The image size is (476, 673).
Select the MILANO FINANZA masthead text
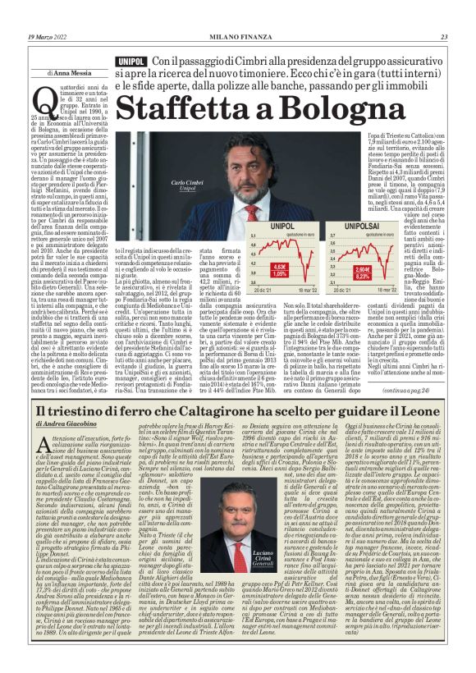pos(238,37)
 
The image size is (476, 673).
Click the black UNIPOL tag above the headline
pos(132,62)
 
